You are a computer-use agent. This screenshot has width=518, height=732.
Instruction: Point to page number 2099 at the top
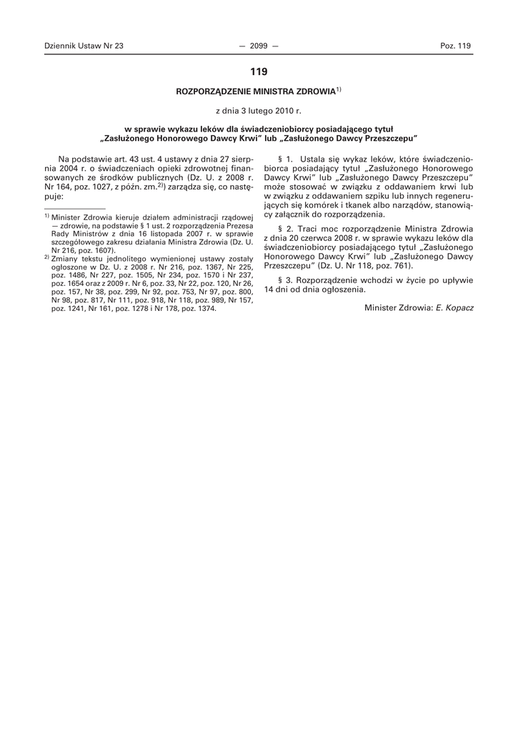click(259, 46)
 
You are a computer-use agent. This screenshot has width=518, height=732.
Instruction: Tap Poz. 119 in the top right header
click(456, 46)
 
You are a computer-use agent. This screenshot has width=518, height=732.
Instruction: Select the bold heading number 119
click(259, 71)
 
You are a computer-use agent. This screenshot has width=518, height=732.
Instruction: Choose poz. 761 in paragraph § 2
click(370, 263)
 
